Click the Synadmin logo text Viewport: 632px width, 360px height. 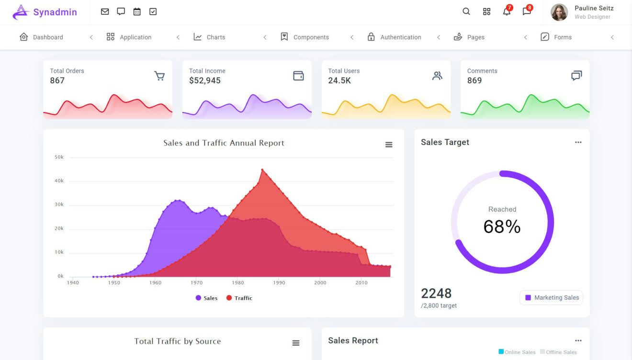pyautogui.click(x=55, y=12)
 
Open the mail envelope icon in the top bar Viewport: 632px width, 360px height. pyautogui.click(x=105, y=11)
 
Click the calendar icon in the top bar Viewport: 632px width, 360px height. pyautogui.click(x=137, y=11)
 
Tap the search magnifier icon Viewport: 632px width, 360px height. pyautogui.click(x=466, y=11)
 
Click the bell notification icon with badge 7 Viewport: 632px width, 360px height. pyautogui.click(x=507, y=11)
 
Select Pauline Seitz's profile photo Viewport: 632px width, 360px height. pyautogui.click(x=559, y=12)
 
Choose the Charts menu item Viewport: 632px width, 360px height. pyautogui.click(x=215, y=37)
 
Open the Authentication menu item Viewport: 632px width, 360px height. pyautogui.click(x=400, y=37)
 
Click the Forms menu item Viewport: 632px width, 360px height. pyautogui.click(x=563, y=37)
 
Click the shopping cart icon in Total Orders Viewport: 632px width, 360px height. pyautogui.click(x=159, y=76)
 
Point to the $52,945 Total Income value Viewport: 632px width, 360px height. pyautogui.click(x=205, y=80)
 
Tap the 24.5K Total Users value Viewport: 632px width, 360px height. pyautogui.click(x=339, y=80)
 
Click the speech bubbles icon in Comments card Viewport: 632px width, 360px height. pyautogui.click(x=576, y=76)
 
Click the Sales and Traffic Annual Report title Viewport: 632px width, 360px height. pyautogui.click(x=224, y=143)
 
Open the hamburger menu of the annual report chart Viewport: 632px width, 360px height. pyautogui.click(x=389, y=145)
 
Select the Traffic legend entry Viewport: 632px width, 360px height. pyautogui.click(x=239, y=298)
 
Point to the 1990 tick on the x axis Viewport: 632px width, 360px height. pyautogui.click(x=279, y=282)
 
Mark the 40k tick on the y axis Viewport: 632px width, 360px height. pyautogui.click(x=59, y=181)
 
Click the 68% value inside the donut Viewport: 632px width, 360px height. pyautogui.click(x=502, y=226)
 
